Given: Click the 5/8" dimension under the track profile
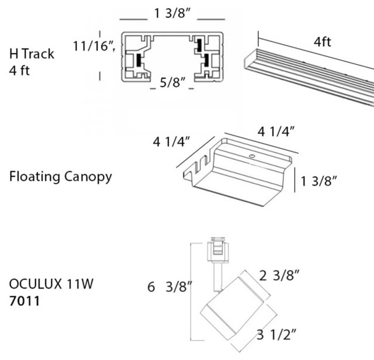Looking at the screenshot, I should point(171,85).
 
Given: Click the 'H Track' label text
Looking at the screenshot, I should point(32,54).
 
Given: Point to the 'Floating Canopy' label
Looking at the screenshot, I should point(60,176).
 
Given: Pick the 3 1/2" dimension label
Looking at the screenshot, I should point(277,334).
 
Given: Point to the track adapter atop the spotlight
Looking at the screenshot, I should point(218,252).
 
